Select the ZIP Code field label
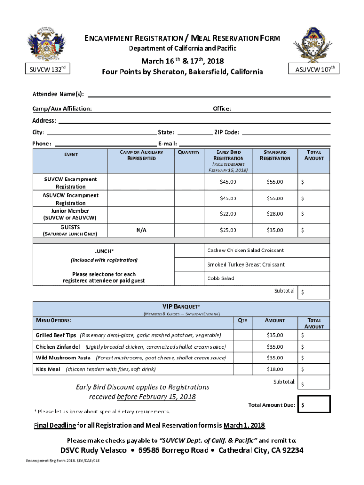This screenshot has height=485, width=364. (227, 132)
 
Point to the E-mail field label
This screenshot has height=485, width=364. (167, 144)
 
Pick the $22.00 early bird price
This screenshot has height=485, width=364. (228, 214)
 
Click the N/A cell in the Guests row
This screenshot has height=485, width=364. (141, 230)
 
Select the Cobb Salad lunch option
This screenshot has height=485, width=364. (221, 278)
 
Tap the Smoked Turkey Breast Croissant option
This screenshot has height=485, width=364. (246, 264)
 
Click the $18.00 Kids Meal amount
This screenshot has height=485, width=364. (275, 369)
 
